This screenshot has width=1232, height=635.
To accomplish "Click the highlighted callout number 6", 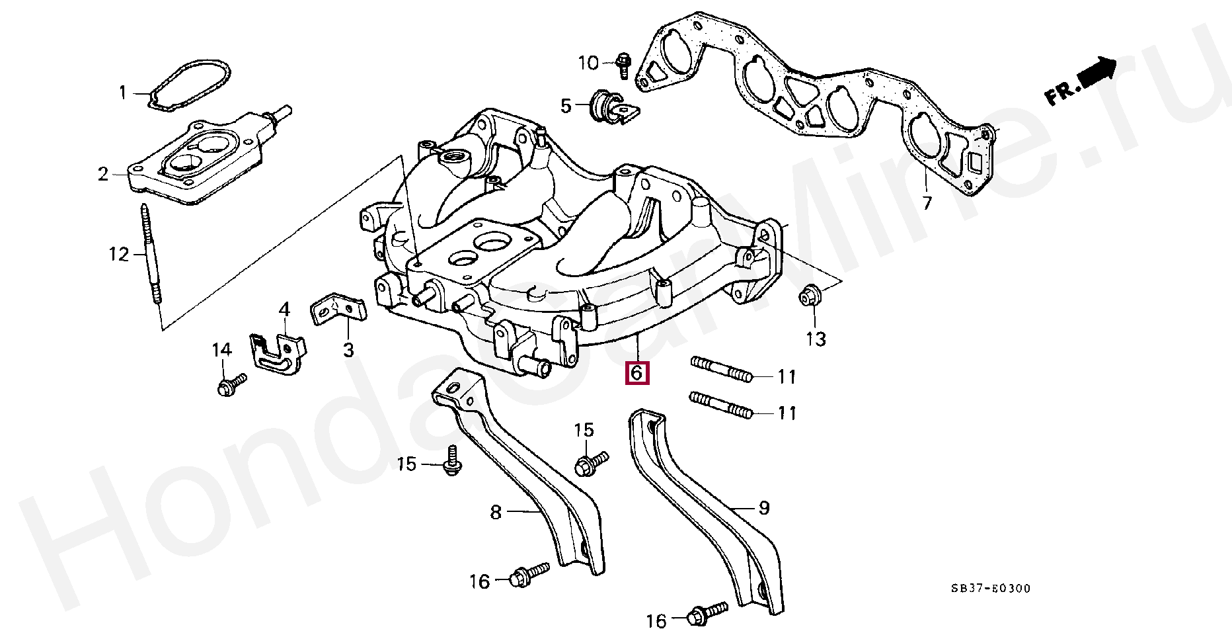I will [636, 373].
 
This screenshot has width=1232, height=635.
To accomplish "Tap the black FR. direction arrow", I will [1097, 71].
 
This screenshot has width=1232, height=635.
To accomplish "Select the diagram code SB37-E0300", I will [991, 588].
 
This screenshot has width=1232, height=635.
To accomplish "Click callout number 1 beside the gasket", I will [122, 92].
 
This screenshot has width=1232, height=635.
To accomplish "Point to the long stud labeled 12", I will [150, 255].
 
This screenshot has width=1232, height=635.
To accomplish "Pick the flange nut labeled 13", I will [808, 296].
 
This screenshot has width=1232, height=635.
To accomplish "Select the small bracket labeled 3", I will [338, 310].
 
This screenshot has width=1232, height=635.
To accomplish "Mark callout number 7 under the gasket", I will [927, 203].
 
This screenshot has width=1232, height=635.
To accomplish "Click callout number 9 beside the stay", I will [764, 508].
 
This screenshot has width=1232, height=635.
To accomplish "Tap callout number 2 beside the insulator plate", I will [103, 174].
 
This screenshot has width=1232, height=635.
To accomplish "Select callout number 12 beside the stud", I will [119, 254].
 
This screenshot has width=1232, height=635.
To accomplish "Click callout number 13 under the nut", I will [816, 339].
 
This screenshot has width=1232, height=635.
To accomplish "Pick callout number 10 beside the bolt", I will [588, 63].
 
